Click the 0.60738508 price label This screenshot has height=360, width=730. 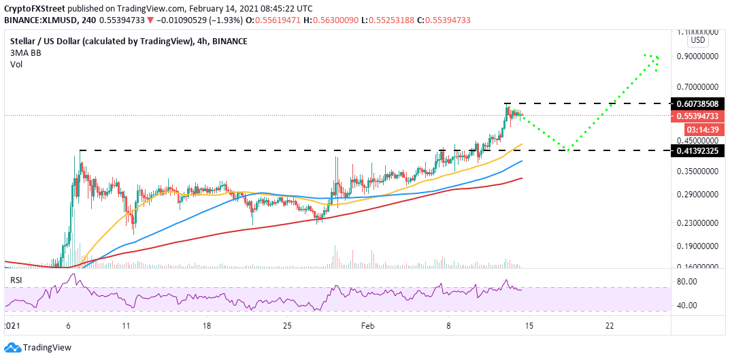click(696, 103)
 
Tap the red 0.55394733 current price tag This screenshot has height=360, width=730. click(696, 116)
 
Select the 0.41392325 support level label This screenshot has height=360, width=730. click(696, 150)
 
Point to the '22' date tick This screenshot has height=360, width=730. click(610, 326)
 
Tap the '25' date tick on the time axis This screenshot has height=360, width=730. click(288, 326)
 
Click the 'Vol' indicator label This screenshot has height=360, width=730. click(16, 65)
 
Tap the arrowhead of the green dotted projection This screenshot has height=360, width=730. click(655, 59)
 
